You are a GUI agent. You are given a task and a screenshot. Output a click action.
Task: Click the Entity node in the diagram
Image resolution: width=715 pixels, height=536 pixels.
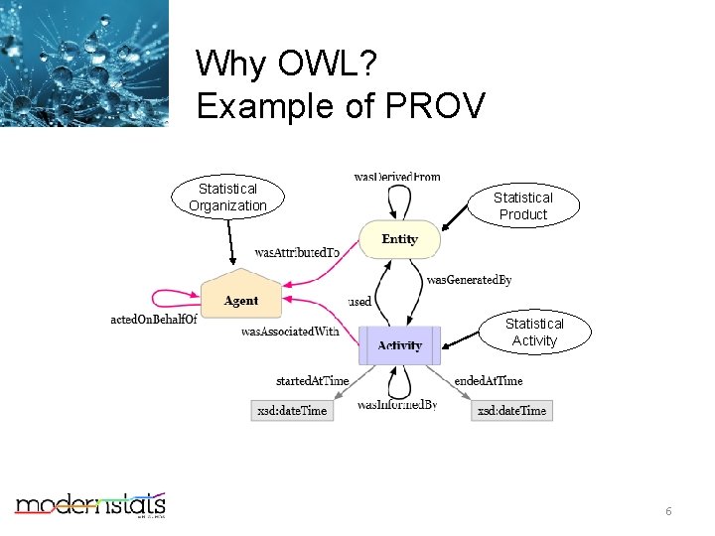click(399, 239)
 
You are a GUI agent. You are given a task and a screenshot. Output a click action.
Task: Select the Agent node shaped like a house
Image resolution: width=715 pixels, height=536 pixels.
click(240, 298)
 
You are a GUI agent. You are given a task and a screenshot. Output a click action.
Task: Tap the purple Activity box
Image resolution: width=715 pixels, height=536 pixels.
click(399, 345)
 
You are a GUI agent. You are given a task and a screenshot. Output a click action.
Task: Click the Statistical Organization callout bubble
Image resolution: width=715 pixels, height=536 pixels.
click(227, 198)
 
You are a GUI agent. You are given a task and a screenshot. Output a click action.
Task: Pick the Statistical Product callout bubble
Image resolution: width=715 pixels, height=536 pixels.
click(522, 206)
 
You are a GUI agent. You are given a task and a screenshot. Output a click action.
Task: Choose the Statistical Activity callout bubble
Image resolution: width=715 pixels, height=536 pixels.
click(534, 333)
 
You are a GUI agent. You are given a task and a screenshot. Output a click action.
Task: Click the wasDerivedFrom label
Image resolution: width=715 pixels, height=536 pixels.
click(397, 177)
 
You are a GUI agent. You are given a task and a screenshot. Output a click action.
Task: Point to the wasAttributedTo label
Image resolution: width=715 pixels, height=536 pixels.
click(297, 253)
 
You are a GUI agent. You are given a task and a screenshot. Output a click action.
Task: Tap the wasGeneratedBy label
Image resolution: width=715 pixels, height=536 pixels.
click(469, 281)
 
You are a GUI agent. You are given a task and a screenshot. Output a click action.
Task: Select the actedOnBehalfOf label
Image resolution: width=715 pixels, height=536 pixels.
click(154, 320)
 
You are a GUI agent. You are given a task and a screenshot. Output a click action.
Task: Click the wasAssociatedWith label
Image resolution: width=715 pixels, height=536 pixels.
click(290, 332)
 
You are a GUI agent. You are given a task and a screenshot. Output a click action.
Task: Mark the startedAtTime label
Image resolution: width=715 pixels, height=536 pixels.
click(312, 380)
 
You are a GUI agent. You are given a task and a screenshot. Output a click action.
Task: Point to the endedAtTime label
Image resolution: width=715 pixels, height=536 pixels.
click(488, 380)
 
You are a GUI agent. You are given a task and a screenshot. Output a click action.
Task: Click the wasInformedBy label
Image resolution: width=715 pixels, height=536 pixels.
click(397, 405)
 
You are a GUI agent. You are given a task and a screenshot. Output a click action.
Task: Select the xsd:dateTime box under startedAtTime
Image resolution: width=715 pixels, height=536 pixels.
click(292, 410)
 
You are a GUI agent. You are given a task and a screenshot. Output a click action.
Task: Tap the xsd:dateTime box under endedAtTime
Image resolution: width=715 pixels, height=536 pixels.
click(511, 410)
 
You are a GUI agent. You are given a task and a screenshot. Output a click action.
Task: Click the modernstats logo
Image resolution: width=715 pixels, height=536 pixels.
click(89, 505)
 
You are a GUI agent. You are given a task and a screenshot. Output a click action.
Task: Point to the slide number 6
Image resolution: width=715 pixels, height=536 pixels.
click(668, 511)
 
